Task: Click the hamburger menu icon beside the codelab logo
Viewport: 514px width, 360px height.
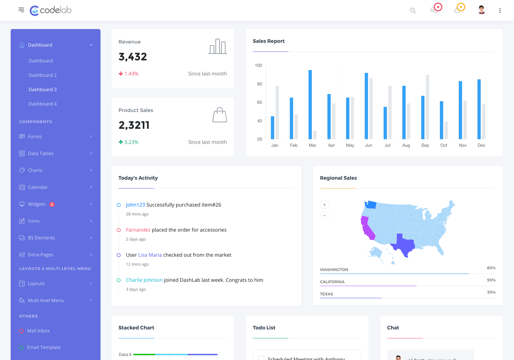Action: pos(21,10)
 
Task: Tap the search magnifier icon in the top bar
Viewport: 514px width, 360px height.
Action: pos(413,11)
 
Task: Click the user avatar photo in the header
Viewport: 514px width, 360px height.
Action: pos(481,10)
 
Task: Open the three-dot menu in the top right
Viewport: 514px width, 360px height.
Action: pos(500,11)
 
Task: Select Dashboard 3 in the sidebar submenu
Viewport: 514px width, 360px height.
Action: pos(43,89)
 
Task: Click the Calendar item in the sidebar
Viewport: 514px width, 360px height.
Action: pos(38,187)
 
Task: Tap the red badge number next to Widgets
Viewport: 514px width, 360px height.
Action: pos(52,204)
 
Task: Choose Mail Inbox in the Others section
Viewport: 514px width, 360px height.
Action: pos(38,331)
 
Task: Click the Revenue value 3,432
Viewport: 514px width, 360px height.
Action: pos(133,57)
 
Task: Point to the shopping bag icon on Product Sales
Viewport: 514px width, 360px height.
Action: pos(219,115)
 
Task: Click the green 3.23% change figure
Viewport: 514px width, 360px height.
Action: pos(131,142)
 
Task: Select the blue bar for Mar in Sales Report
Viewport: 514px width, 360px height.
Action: pos(310,104)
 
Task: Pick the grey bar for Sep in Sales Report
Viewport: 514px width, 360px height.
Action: pos(427,107)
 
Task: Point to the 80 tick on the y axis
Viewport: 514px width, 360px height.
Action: pos(259,84)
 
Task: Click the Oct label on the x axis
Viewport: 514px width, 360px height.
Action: pos(443,145)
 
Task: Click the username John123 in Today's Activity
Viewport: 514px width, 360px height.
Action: pos(135,205)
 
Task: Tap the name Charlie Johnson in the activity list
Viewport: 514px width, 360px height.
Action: pos(144,280)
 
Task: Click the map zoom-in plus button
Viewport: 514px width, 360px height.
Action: pos(324,205)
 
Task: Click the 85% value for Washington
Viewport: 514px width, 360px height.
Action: pos(491,268)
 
